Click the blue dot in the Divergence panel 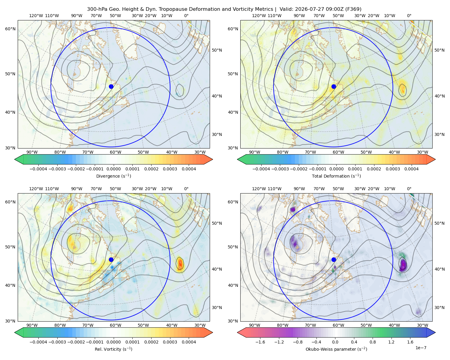coord(111,87)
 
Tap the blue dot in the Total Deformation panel coord(334,87)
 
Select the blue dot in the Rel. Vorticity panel coord(111,259)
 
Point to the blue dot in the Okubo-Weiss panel coord(334,259)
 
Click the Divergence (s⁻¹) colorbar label coord(113,176)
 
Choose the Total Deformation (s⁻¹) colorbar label coord(336,176)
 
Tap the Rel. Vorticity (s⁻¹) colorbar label coord(113,349)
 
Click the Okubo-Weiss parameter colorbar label coord(336,349)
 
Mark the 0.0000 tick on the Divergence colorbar coord(113,169)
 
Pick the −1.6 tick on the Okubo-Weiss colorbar coord(260,342)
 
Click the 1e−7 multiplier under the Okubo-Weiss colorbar coord(421,348)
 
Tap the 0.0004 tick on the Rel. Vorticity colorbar coord(189,342)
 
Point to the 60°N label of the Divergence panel coord(10,29)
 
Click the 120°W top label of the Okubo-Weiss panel coord(259,189)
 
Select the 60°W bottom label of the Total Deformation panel coord(338,152)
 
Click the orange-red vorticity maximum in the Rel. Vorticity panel coord(180,264)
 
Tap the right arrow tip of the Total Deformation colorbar coord(435,159)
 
